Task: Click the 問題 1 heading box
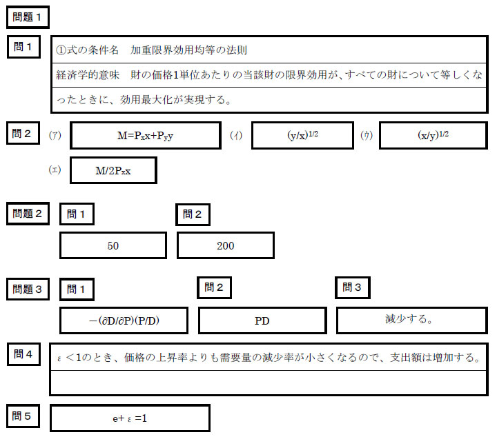pos(28,17)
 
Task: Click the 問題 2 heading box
pos(28,214)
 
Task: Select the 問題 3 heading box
pos(28,289)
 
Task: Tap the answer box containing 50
pos(113,245)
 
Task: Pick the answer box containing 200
pos(226,245)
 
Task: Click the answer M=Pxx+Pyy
pos(146,136)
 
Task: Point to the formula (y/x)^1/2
pos(303,135)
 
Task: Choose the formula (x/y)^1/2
pos(433,135)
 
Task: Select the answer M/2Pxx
pos(113,171)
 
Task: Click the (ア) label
pos(55,136)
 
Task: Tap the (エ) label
pos(55,170)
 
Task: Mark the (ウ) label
pos(367,136)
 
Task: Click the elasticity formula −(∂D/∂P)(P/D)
pos(124,320)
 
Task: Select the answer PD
pos(262,321)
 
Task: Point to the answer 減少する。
pos(409,318)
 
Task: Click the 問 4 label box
pos(23,354)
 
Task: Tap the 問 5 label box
pos(23,416)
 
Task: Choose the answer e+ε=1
pos(130,418)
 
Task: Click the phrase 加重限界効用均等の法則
pos(188,50)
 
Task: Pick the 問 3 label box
pos(353,287)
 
